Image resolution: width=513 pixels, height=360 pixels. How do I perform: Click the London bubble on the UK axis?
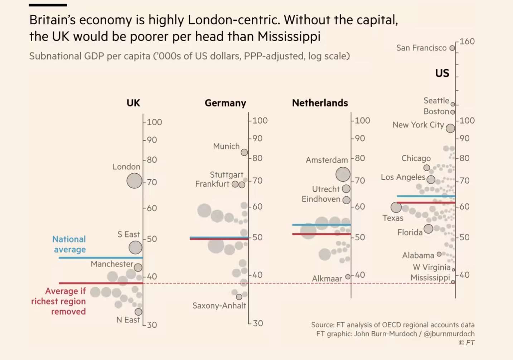pyautogui.click(x=134, y=181)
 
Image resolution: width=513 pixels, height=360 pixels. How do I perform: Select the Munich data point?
pyautogui.click(x=244, y=152)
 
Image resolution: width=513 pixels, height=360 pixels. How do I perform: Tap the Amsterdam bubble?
pyautogui.click(x=343, y=174)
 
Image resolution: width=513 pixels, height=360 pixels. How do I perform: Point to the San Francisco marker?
pyautogui.click(x=452, y=48)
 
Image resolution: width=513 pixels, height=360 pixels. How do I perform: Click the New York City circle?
pyautogui.click(x=450, y=128)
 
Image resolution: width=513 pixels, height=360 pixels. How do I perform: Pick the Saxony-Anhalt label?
pyautogui.click(x=219, y=306)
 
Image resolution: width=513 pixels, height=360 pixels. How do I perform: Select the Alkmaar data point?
pyautogui.click(x=348, y=277)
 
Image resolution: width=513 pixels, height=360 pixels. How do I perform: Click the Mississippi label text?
pyautogui.click(x=430, y=278)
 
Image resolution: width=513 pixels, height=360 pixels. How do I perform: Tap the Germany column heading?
pyautogui.click(x=225, y=103)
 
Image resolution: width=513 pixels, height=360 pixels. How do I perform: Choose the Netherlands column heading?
pyautogui.click(x=320, y=103)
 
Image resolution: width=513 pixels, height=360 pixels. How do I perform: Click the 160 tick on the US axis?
pyautogui.click(x=467, y=42)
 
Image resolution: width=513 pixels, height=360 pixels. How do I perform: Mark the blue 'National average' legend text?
pyautogui.click(x=69, y=244)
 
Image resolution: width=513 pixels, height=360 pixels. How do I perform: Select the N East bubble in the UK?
pyautogui.click(x=138, y=312)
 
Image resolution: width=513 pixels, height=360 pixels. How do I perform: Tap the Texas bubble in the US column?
pyautogui.click(x=396, y=207)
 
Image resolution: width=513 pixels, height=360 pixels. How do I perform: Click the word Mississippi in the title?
pyautogui.click(x=289, y=37)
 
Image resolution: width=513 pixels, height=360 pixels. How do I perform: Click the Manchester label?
pyautogui.click(x=112, y=264)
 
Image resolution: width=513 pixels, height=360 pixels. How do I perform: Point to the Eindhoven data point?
pyautogui.click(x=346, y=200)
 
